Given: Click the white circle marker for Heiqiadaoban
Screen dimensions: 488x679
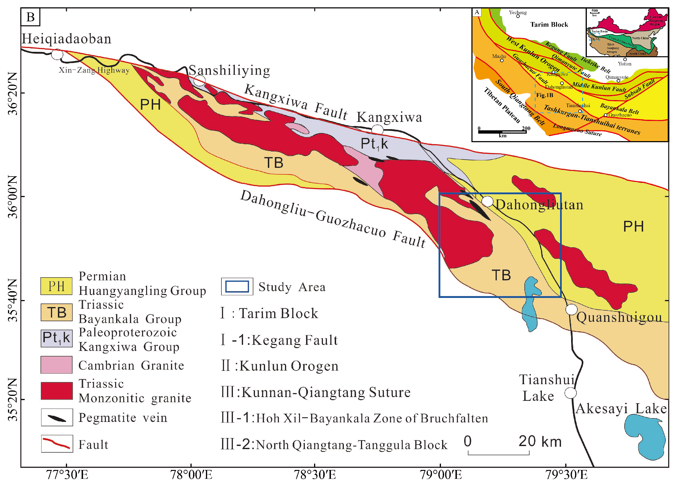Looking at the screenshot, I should click(57, 54).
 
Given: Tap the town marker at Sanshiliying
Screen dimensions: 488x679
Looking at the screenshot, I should click(199, 80).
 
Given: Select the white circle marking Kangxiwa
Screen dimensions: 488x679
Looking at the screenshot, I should click(378, 130).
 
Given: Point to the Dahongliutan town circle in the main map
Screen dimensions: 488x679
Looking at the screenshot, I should click(487, 201).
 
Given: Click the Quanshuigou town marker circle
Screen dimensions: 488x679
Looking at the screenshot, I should click(571, 309).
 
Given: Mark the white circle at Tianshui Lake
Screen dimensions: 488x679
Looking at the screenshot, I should click(570, 393).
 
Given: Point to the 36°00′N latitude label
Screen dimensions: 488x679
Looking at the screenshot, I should click(13, 197).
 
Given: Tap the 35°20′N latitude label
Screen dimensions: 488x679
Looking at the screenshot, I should click(13, 399).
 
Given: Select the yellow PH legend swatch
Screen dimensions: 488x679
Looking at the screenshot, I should click(56, 286).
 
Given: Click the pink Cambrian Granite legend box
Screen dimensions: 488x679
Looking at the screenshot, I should click(56, 365).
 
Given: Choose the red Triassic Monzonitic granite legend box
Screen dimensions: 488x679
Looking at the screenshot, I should click(56, 391).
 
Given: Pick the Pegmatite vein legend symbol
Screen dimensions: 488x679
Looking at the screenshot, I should click(57, 418).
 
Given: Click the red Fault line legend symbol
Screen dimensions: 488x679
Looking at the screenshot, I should click(57, 443).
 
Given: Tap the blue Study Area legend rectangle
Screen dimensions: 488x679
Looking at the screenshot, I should click(237, 286).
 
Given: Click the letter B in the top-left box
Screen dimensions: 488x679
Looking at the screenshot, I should click(30, 17).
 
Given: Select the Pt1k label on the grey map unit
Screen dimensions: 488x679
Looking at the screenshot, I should click(374, 144).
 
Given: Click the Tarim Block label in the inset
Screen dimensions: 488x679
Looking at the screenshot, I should click(549, 25).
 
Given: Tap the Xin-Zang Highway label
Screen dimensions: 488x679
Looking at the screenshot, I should click(94, 70).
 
